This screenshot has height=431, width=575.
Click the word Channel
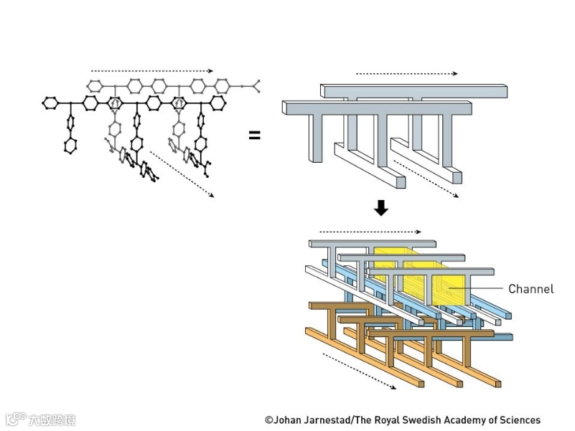pos(530,289)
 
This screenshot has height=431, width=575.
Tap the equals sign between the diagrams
pos(255,134)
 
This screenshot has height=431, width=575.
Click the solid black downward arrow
pos(381,207)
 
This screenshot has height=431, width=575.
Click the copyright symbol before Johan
pos(268,420)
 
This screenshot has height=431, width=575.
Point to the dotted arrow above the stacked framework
pos(370,232)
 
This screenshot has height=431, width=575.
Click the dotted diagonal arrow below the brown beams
pos(360,371)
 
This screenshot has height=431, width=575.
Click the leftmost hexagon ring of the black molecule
pos(50,103)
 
